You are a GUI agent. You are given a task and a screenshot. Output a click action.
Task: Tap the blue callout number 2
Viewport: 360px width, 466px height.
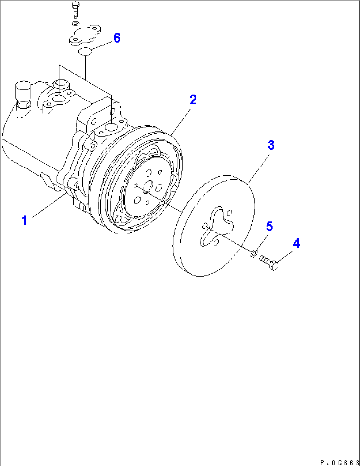pos(193,100)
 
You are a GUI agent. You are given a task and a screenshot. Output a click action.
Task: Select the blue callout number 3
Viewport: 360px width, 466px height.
pos(271,145)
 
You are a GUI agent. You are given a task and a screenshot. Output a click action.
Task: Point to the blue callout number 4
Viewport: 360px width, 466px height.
pos(296,243)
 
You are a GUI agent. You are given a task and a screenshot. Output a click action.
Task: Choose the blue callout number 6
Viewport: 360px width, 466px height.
pos(117,38)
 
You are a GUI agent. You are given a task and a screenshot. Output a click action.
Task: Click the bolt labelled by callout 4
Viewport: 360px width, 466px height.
pos(269,263)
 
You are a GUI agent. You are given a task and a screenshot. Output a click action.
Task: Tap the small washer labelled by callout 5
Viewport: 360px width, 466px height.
pos(254,254)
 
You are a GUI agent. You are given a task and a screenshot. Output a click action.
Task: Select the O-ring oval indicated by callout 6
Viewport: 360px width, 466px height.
pos(85,51)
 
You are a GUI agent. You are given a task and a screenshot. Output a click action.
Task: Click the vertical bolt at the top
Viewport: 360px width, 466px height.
pos(75,10)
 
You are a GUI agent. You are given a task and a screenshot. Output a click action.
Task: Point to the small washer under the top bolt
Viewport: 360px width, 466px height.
pos(76,23)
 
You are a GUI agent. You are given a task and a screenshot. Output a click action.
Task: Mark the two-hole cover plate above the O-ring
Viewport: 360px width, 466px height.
pos(85,35)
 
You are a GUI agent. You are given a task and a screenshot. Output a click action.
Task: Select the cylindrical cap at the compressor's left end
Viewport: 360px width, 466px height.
pos(23,92)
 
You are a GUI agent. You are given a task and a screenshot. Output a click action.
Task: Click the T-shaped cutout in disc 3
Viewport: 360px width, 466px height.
pos(217,226)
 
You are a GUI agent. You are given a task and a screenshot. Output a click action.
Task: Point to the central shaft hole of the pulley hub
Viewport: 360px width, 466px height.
pos(148,186)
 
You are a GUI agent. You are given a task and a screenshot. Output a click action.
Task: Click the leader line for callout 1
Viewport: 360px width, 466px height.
pos(50,205)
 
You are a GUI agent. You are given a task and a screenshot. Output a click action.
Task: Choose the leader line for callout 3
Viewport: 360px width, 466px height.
pos(258,169)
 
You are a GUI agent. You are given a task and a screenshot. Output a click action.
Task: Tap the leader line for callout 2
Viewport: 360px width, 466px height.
pos(181,122)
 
